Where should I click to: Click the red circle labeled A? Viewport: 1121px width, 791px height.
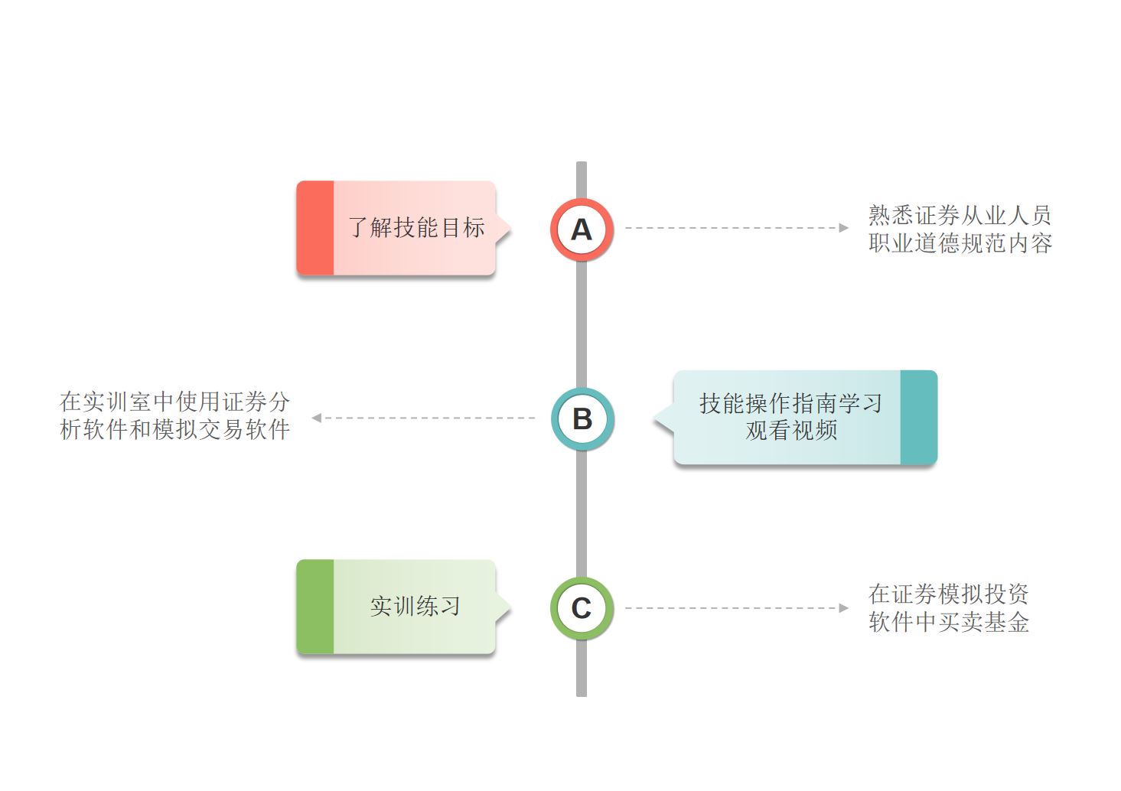click(x=582, y=229)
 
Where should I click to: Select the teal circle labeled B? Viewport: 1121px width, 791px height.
click(x=582, y=418)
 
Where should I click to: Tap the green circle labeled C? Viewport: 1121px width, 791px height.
click(x=582, y=608)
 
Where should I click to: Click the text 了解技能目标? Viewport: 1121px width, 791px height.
click(x=416, y=227)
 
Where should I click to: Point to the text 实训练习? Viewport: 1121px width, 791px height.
click(x=415, y=607)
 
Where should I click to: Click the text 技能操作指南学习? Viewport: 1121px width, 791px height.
click(x=790, y=403)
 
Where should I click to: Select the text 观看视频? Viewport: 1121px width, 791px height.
click(x=791, y=431)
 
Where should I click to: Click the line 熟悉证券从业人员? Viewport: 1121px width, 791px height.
click(x=960, y=215)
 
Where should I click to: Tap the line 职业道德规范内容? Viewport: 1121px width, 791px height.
click(x=960, y=243)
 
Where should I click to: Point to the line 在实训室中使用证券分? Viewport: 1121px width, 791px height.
click(x=174, y=402)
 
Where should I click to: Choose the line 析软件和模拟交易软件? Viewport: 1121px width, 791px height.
click(x=174, y=430)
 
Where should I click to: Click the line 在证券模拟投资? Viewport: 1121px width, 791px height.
click(x=948, y=594)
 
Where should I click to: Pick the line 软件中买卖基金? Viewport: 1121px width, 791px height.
click(x=948, y=622)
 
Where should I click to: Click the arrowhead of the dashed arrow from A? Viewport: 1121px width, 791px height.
click(x=843, y=228)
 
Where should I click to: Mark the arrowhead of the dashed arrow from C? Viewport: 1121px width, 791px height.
click(x=843, y=608)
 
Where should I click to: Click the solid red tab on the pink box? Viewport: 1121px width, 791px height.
click(x=315, y=228)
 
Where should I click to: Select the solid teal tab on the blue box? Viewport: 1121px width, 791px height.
click(x=918, y=417)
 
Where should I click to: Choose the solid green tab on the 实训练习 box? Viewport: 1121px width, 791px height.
click(x=315, y=607)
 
